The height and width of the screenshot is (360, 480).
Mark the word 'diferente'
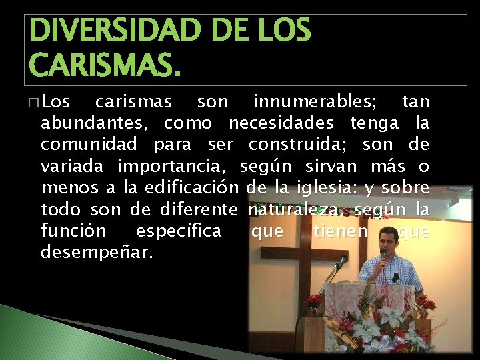(x=199, y=210)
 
